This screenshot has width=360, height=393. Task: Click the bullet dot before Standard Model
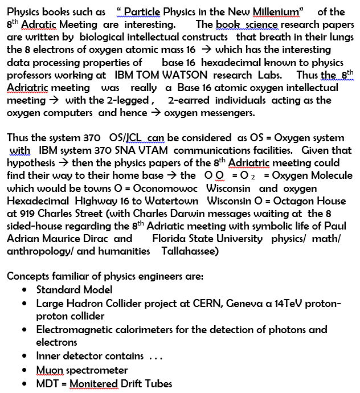[24, 290]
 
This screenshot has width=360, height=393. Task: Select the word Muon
[50, 370]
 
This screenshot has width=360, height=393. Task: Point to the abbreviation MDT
[47, 383]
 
